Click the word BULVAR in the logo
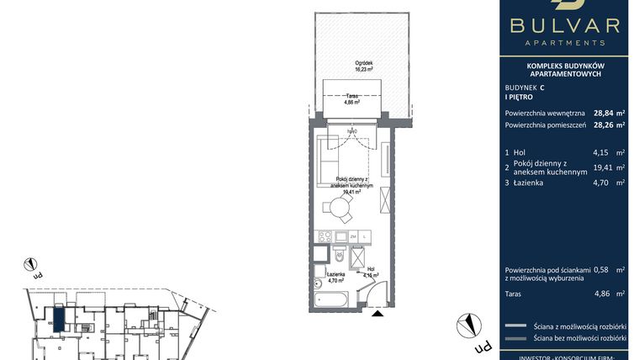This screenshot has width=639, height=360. (x=570, y=24)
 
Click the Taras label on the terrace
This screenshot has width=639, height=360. (x=352, y=98)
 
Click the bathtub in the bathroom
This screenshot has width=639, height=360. (x=329, y=299)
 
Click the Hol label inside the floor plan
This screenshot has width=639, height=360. (x=370, y=271)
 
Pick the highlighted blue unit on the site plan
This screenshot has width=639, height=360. (x=58, y=319)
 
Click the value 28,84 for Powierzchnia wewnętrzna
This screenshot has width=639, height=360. (x=602, y=112)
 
